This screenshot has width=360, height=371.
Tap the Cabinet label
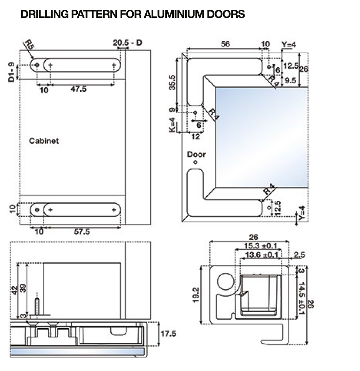[44, 141]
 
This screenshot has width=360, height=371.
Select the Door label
[196, 154]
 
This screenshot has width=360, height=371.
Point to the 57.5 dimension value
[82, 232]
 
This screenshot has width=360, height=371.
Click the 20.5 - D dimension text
[127, 43]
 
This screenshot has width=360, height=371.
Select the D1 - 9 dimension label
[12, 72]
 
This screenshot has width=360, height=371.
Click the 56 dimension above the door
[226, 44]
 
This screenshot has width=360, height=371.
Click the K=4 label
[172, 125]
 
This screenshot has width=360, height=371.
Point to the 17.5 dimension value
[168, 334]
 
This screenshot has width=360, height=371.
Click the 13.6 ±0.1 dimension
[262, 255]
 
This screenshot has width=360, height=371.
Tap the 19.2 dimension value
[195, 295]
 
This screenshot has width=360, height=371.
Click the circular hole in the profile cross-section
[225, 282]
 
